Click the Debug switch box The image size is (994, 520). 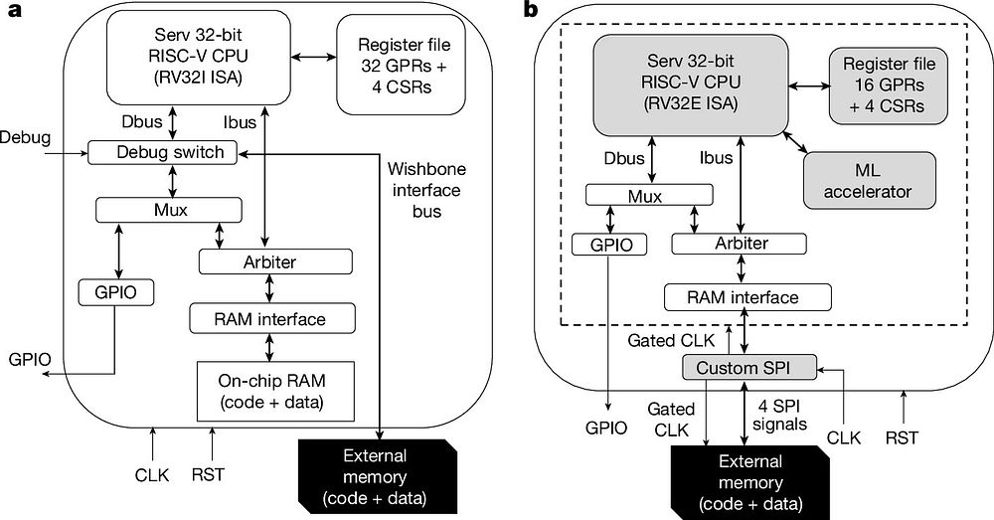(162, 152)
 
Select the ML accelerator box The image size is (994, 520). (869, 180)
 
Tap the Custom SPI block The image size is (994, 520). (748, 368)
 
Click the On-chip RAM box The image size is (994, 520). (275, 392)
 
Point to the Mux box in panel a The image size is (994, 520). (169, 210)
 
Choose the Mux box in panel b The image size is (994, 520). (645, 195)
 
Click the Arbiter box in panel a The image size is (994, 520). (275, 261)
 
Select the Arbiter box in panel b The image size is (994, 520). (739, 244)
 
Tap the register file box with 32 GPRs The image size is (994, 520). (404, 66)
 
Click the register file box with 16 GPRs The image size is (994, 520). (889, 85)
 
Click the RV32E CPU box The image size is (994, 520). (691, 85)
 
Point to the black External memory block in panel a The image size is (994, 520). (378, 476)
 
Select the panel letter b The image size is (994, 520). (531, 10)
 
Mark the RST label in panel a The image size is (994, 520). (208, 474)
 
